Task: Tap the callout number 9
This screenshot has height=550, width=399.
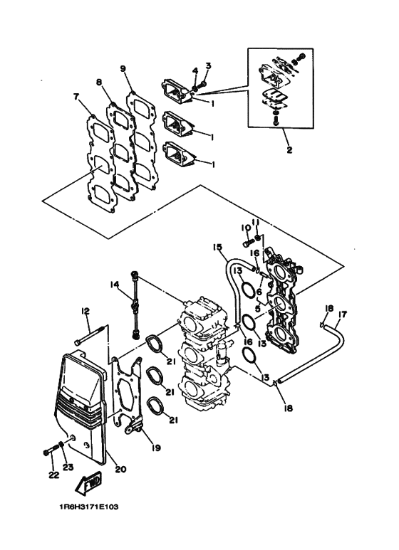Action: point(123,69)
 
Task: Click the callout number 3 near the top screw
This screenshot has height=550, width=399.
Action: point(209,66)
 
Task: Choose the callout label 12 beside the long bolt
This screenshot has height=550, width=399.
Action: point(85,310)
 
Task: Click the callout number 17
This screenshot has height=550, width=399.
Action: point(343,314)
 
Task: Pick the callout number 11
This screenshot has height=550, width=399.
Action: point(257,223)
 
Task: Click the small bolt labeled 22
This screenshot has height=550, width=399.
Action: point(51,450)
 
